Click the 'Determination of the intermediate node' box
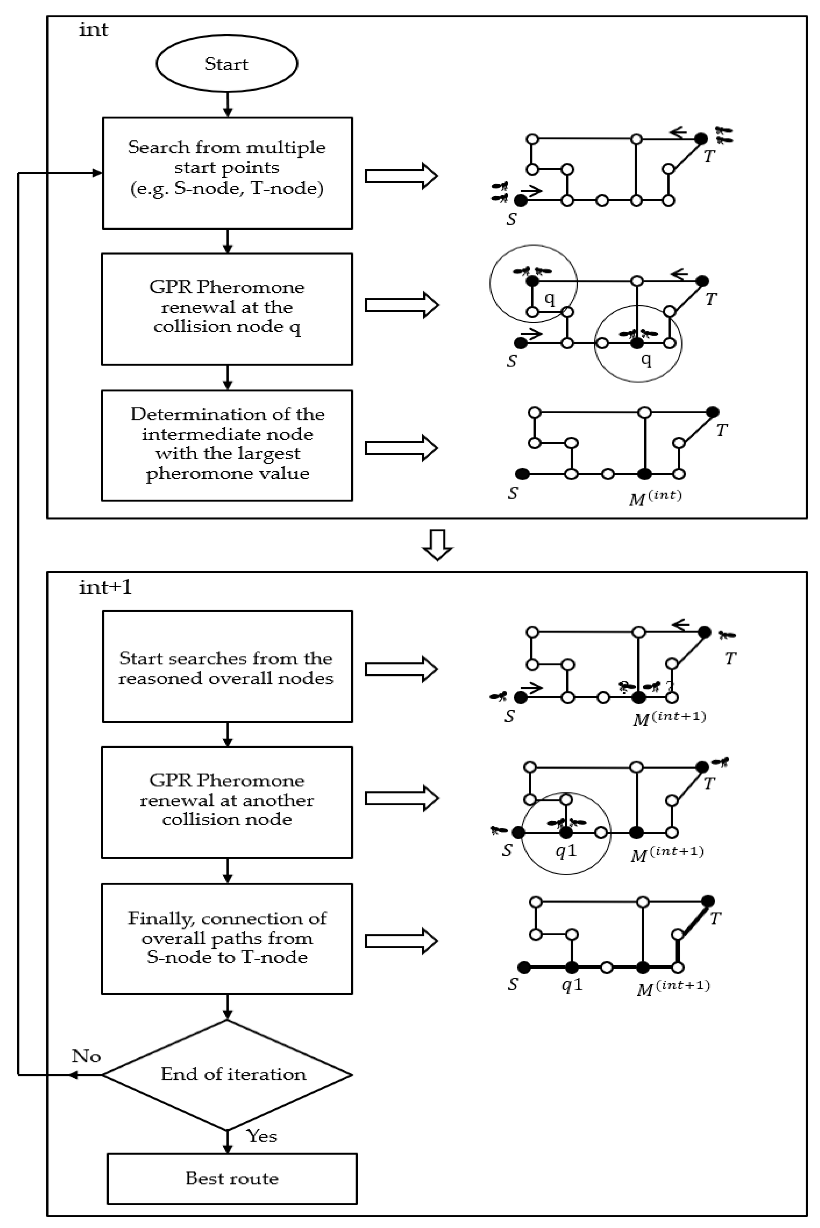point(227,445)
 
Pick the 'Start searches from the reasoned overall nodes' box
point(227,666)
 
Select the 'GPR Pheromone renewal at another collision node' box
point(227,802)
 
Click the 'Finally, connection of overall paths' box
point(227,938)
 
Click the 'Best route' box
point(232,1178)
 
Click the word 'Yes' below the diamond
point(261,1135)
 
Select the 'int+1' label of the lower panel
point(105,587)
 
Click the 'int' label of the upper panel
point(94,30)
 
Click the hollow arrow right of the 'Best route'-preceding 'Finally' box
point(401,941)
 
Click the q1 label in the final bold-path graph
point(572,985)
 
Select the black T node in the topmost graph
point(701,139)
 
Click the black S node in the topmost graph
point(521,200)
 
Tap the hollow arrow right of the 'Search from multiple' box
point(401,176)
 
